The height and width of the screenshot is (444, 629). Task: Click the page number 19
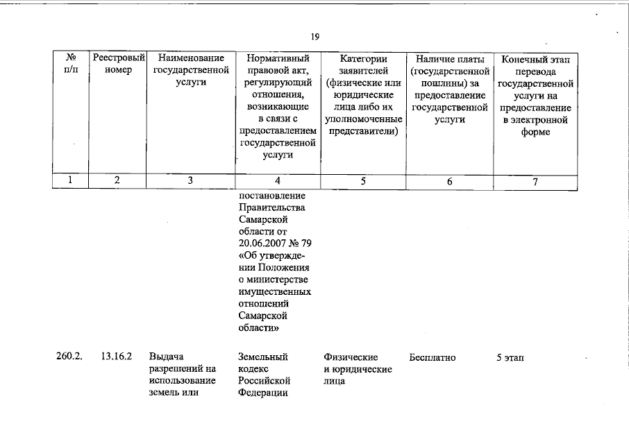coord(314,37)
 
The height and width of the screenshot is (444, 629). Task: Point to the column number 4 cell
coord(277,181)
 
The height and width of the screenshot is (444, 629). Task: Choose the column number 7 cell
coord(535,182)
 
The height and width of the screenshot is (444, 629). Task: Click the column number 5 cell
coord(363,181)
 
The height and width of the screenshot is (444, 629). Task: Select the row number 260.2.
coord(69,357)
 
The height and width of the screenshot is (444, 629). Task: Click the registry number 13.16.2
coord(117,357)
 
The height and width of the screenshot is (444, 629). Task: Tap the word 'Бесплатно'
coord(433,357)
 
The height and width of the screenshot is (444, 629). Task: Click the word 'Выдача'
coord(167,357)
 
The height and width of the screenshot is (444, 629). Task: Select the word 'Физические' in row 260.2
coord(351,357)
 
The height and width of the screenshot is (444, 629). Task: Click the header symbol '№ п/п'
coord(70,65)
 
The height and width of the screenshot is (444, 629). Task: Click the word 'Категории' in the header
coord(363,59)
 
